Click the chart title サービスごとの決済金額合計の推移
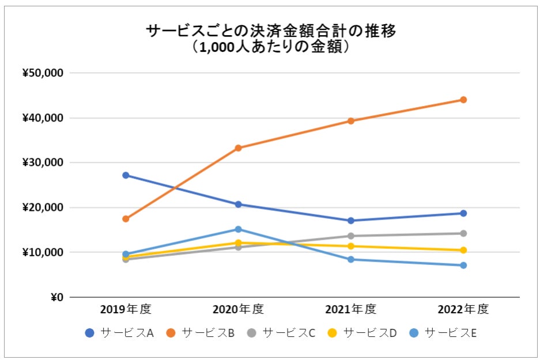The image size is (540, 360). (271, 31)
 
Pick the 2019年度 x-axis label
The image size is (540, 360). (125, 309)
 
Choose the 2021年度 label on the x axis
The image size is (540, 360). (350, 309)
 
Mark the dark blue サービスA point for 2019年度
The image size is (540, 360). (125, 175)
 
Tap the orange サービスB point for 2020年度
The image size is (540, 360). (238, 148)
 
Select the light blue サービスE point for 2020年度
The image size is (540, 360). (238, 229)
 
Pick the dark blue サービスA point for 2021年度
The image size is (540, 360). (350, 221)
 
